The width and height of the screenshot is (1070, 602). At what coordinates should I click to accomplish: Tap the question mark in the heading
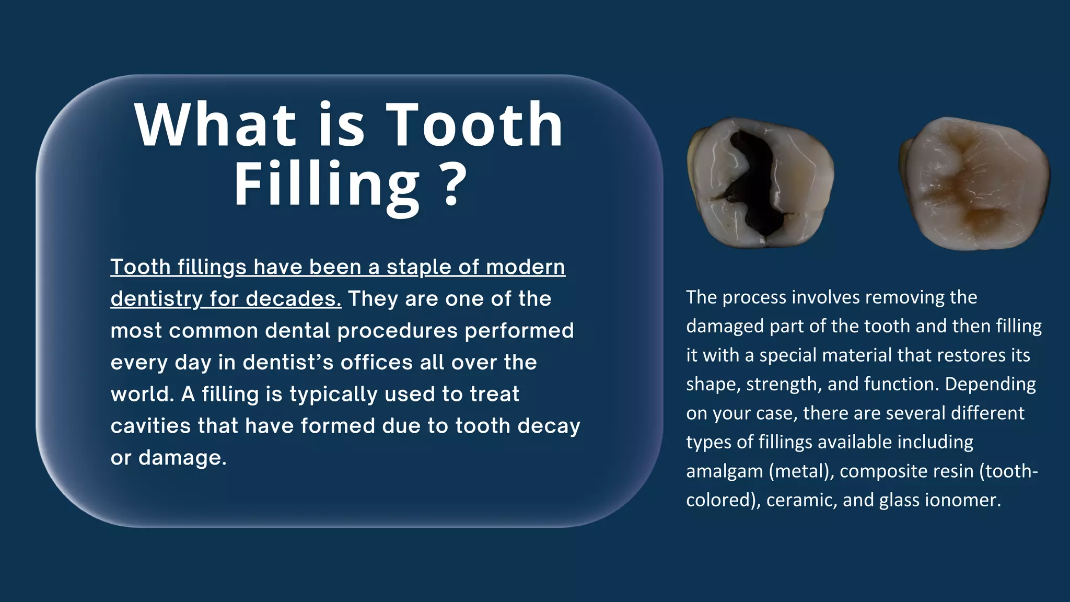pos(450,184)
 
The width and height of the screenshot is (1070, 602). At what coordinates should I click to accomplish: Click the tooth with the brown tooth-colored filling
pos(974,183)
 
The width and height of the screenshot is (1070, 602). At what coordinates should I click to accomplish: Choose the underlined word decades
pos(294,299)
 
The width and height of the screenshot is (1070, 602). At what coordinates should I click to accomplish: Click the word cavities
pos(150,426)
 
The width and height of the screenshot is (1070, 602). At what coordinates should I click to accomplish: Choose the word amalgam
pos(724,472)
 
